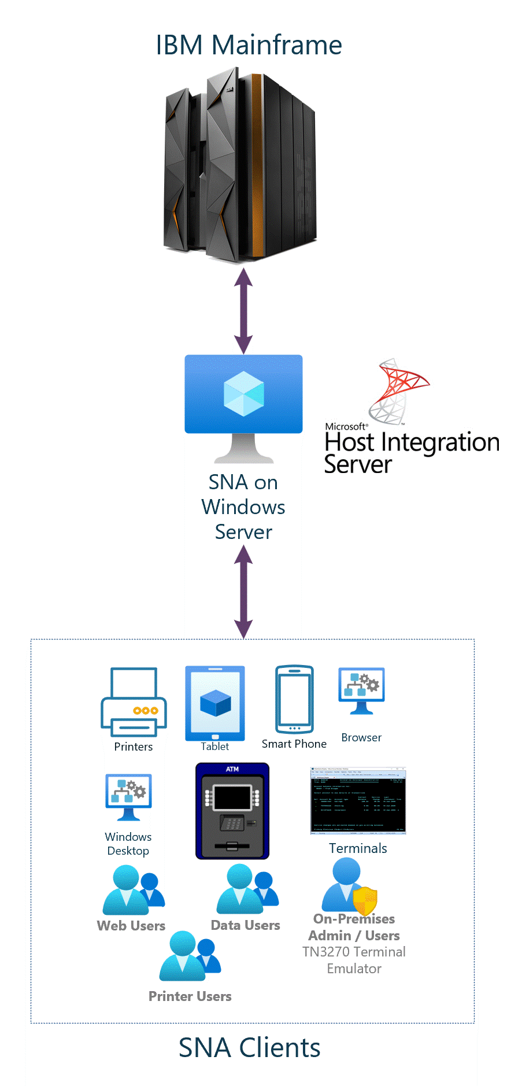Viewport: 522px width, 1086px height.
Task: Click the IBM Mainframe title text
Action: [x=249, y=45]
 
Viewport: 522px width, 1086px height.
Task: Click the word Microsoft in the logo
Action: [x=346, y=426]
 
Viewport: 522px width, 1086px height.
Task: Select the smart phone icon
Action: [x=294, y=699]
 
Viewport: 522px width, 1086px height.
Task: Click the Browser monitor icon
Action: [x=361, y=690]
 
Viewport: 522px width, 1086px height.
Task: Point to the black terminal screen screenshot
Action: [x=358, y=801]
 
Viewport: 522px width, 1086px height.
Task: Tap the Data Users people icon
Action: [x=247, y=889]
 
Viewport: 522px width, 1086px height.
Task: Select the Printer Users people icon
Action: [x=190, y=956]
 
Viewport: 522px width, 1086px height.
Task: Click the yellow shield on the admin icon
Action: [x=365, y=901]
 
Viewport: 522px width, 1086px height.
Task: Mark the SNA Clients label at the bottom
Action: [x=249, y=1047]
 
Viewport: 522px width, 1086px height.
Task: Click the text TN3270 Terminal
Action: [x=354, y=952]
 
